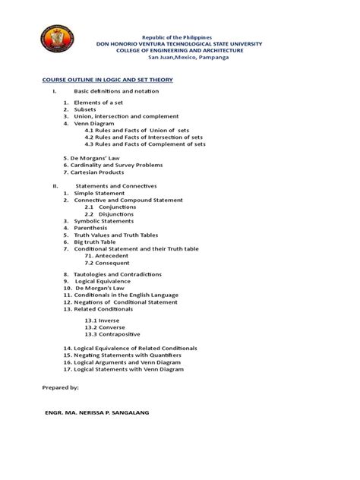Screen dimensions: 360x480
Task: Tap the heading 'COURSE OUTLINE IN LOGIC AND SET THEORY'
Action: coord(108,79)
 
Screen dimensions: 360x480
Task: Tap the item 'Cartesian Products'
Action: coord(101,172)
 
